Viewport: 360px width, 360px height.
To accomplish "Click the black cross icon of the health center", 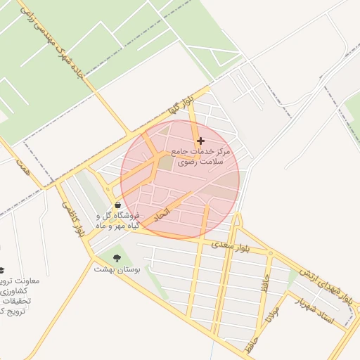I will pos(200,141).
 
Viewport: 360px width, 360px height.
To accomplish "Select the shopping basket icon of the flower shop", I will pos(117,205).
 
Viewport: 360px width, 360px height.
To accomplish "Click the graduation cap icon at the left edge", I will pos(1,270).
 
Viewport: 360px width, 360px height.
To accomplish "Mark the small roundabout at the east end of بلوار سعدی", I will pos(270,252).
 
